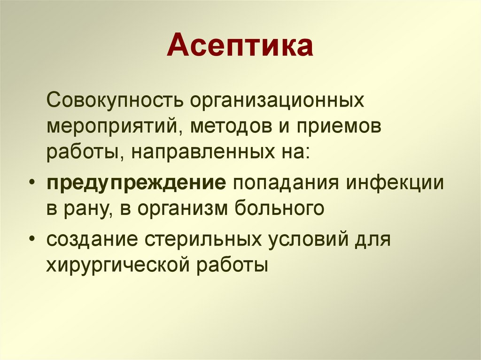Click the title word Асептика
pos(240,46)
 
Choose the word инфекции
pos(395,183)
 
